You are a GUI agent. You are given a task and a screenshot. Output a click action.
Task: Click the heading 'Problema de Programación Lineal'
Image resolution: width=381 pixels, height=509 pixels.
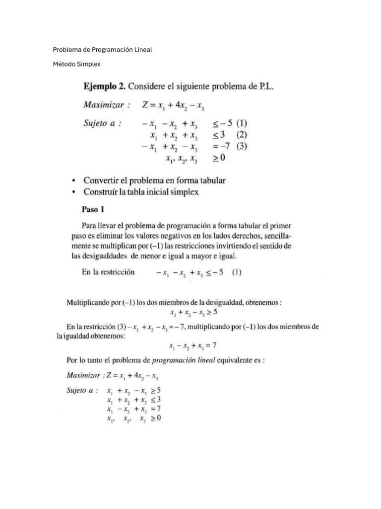coord(102,50)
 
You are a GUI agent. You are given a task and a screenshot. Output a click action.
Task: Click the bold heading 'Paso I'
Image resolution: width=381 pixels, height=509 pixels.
coord(92,210)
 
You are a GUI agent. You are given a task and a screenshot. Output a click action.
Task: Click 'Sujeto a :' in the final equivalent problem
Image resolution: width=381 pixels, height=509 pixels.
coord(82,391)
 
